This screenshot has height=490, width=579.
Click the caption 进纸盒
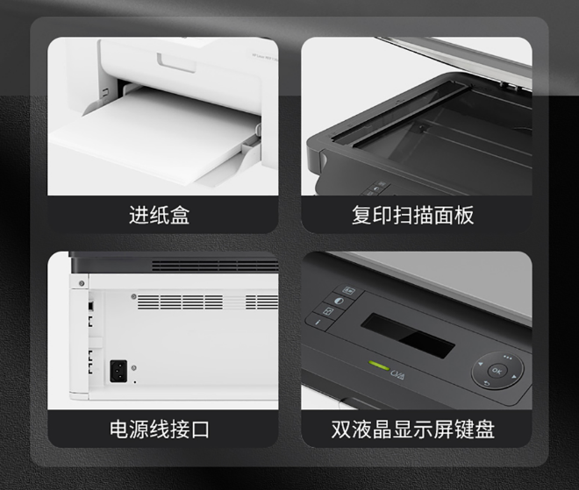click(159, 215)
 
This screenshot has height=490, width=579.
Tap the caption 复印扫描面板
click(412, 215)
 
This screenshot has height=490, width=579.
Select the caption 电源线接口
click(159, 430)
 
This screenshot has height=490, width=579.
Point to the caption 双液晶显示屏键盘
click(412, 430)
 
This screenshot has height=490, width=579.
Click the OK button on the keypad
click(497, 371)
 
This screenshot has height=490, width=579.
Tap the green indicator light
click(379, 366)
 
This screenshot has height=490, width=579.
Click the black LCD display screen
click(408, 336)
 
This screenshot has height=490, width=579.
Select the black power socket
click(118, 371)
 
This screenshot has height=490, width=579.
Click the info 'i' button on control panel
click(318, 322)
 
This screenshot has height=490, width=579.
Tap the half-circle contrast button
click(339, 301)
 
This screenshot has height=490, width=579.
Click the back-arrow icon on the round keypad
click(486, 384)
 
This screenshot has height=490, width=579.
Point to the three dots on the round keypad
click(507, 357)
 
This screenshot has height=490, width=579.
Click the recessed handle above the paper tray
click(176, 63)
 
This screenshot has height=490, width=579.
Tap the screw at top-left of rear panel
click(82, 283)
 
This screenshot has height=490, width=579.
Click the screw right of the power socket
click(133, 367)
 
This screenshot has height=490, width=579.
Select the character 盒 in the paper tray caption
click(180, 215)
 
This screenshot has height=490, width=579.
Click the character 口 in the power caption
click(200, 430)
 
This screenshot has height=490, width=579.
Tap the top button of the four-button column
click(348, 290)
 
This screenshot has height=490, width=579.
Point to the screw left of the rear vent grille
click(133, 296)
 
